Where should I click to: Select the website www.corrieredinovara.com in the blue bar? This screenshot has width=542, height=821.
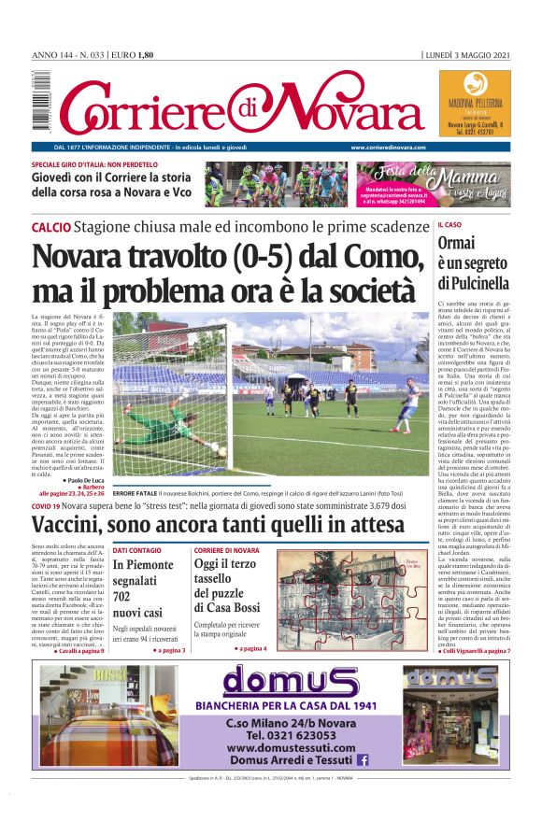392,148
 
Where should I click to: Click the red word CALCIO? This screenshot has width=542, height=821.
50,228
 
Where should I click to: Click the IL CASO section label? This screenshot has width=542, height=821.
449,225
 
